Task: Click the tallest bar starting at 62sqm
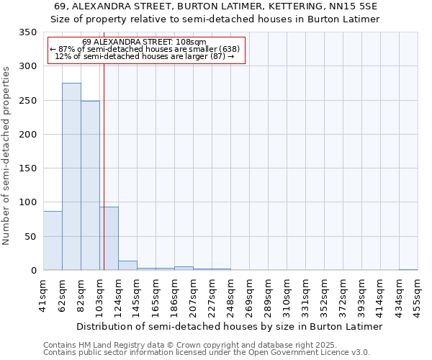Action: click(x=71, y=176)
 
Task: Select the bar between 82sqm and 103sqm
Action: click(x=90, y=186)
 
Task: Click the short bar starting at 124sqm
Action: click(x=127, y=266)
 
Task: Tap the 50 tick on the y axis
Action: click(x=30, y=236)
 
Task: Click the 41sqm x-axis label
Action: click(x=44, y=293)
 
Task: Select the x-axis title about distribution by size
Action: click(x=229, y=326)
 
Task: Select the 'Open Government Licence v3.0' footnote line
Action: click(x=206, y=353)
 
